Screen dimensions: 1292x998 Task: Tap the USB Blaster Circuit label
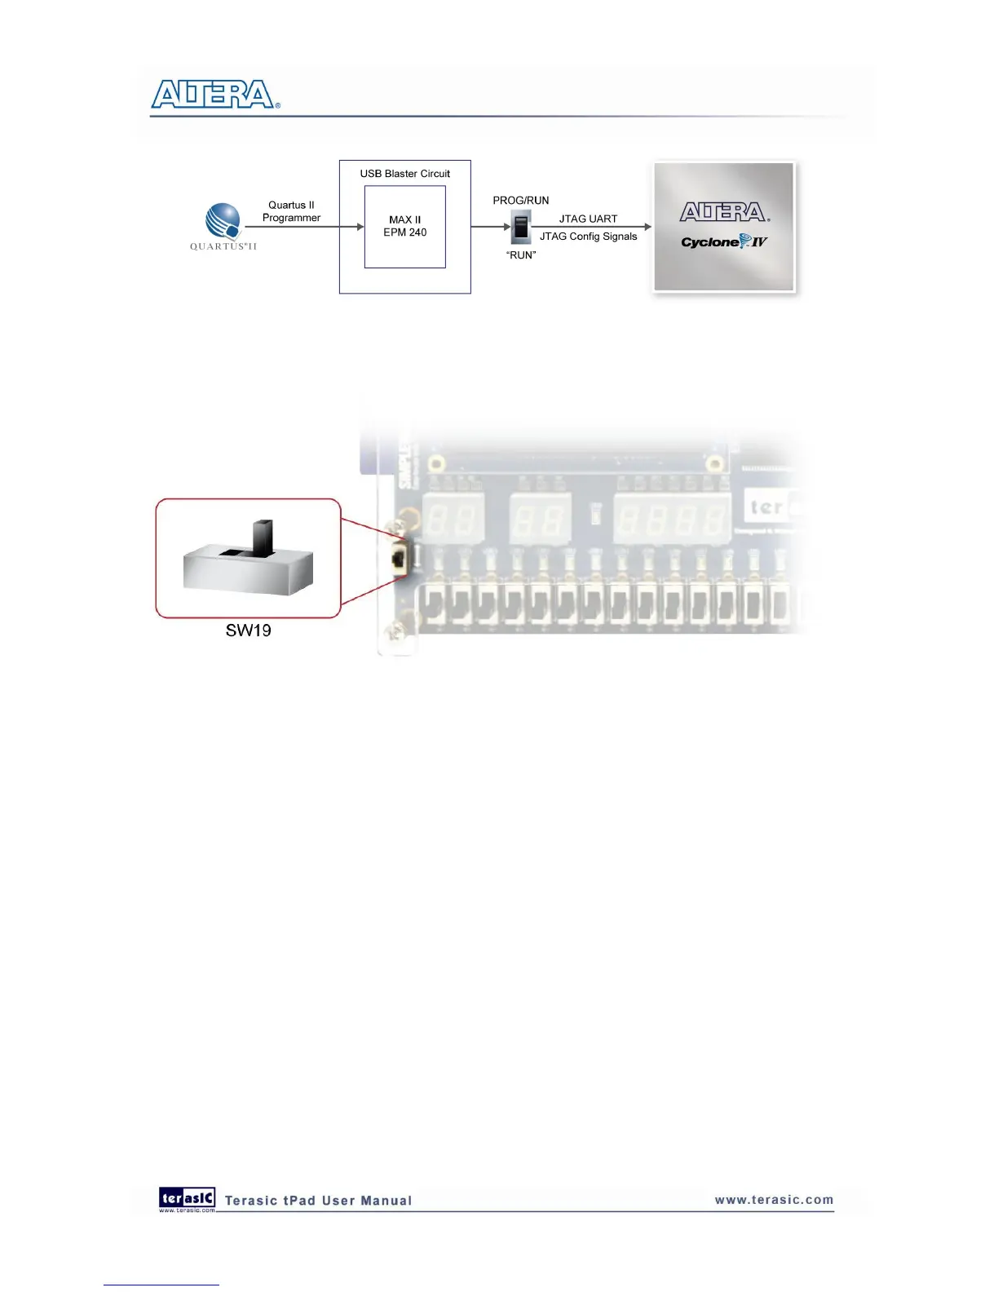coord(404,174)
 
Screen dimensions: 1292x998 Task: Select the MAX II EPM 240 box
coord(404,227)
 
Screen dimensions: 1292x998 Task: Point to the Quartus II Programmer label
coord(291,211)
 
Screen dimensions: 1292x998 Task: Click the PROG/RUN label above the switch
coord(520,201)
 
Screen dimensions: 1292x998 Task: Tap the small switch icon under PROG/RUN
coord(521,227)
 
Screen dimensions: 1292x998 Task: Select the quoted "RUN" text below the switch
coord(521,255)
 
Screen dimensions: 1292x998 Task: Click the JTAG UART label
coord(588,219)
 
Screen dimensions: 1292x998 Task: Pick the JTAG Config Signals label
coord(588,237)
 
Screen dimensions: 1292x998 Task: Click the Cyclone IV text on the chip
coord(723,241)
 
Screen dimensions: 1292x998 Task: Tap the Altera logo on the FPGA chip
coord(724,212)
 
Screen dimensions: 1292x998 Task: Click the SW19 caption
coord(248,631)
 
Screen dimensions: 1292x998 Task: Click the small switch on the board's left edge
coord(399,559)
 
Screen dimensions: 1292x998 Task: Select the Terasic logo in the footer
coord(187,1198)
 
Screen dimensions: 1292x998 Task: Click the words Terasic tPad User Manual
coord(318,1201)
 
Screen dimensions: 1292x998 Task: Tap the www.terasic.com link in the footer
coord(774,1200)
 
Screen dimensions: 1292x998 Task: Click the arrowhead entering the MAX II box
coord(360,227)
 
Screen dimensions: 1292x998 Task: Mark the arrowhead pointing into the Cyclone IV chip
coord(648,227)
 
